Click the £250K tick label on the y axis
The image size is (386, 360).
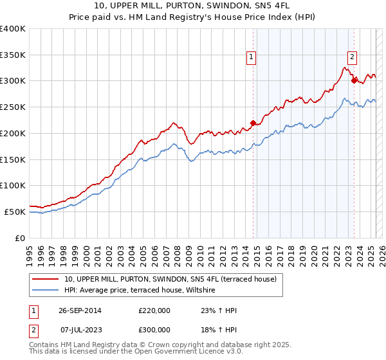pos(13,107)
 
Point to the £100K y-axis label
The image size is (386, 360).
pos(13,185)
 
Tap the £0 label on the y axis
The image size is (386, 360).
pos(21,238)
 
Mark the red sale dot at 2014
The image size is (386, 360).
pos(253,122)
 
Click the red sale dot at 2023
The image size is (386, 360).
pos(353,80)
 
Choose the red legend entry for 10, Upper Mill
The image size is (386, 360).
pos(170,279)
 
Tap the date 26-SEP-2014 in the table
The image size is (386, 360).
pos(80,310)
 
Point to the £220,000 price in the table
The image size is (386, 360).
pos(154,310)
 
